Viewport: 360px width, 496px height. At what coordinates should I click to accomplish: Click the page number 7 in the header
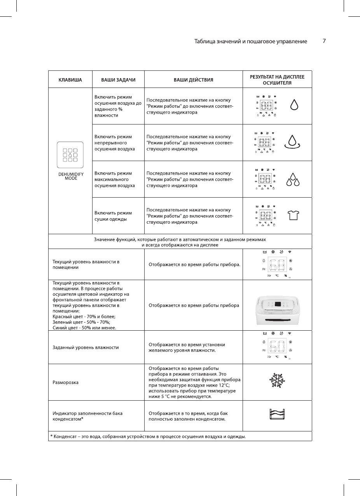[x=324, y=41]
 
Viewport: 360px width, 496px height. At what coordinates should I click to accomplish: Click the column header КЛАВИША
[x=70, y=80]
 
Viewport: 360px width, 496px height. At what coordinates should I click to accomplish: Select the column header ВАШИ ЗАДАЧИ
[x=118, y=80]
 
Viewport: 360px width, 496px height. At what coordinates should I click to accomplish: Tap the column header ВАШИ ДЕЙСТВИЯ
[x=193, y=80]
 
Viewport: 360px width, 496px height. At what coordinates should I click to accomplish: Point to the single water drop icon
[x=295, y=104]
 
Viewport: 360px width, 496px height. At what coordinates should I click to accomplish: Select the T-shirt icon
[x=294, y=215]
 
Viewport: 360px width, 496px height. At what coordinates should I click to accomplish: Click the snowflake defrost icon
[x=277, y=382]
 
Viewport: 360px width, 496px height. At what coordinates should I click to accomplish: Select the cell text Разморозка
[x=66, y=382]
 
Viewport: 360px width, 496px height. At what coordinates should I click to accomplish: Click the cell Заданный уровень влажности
[x=86, y=347]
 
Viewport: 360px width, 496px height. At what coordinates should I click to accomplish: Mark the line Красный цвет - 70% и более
[x=84, y=317]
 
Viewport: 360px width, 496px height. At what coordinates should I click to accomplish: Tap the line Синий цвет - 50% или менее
[x=84, y=328]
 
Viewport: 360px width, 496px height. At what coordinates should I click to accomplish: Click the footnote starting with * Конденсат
[x=148, y=436]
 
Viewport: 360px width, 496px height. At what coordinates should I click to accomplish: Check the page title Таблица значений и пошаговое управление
[x=251, y=41]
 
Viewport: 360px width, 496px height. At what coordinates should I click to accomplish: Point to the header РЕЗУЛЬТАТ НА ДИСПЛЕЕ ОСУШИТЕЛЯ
[x=277, y=80]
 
